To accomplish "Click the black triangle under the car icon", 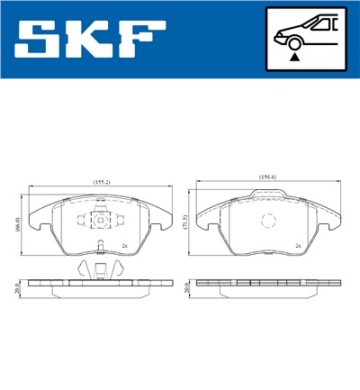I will coord(294,56).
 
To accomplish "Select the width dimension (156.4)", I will coord(267,177).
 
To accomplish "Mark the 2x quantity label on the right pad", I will coord(297,244).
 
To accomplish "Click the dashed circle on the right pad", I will coord(266,222).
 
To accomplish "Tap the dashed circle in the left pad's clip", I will coord(100,219).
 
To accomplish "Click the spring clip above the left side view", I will coord(100,268).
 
